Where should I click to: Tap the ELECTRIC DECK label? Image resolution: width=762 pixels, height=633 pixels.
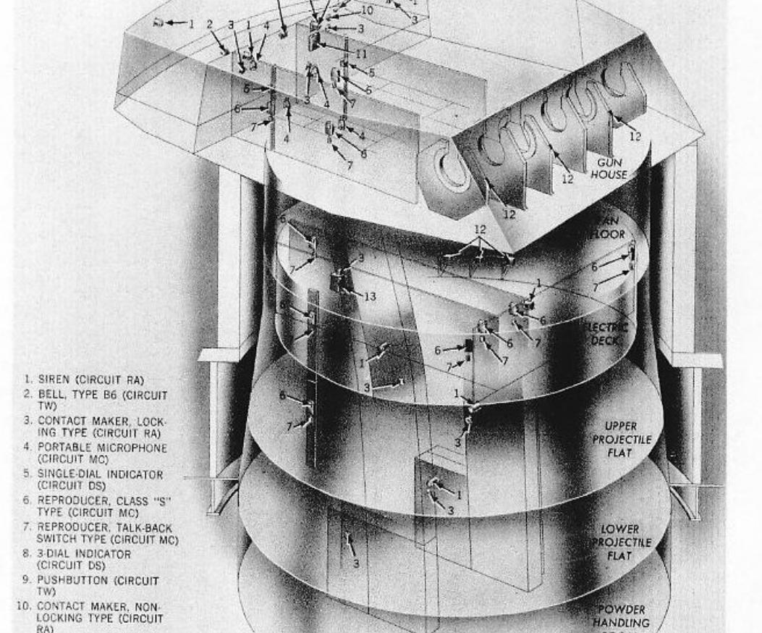click(x=606, y=332)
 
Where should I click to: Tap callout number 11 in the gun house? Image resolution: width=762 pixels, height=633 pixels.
click(x=360, y=54)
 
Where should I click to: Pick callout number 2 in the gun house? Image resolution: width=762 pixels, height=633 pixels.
click(x=210, y=24)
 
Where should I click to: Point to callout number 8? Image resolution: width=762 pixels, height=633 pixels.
click(x=363, y=154)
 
